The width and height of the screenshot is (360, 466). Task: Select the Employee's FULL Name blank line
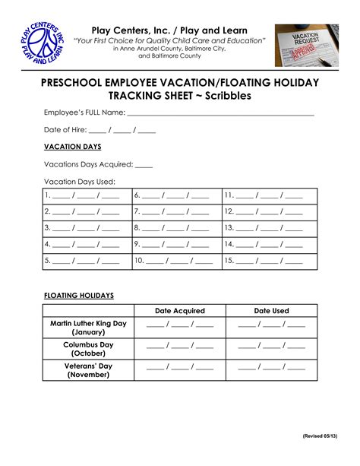[x=220, y=113]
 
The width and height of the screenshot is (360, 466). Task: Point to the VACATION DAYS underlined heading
[x=72, y=146]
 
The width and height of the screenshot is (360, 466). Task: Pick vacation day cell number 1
[x=87, y=195]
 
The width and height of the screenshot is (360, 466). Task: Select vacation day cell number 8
[x=177, y=227]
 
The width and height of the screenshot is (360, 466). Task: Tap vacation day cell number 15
[x=270, y=261]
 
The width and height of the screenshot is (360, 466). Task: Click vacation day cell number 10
[x=177, y=261]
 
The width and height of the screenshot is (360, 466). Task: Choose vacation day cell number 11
[x=270, y=195]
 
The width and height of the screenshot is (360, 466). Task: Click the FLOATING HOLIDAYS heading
[x=79, y=295]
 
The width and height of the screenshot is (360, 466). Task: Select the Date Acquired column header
[x=180, y=310]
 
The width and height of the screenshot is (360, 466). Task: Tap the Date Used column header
[x=271, y=310]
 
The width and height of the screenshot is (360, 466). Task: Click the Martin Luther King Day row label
[x=88, y=328]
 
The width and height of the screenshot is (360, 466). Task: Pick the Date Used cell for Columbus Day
[x=271, y=349]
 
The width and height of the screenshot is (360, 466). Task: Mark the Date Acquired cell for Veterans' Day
[x=180, y=369]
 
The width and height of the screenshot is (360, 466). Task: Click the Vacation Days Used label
[x=79, y=181]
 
